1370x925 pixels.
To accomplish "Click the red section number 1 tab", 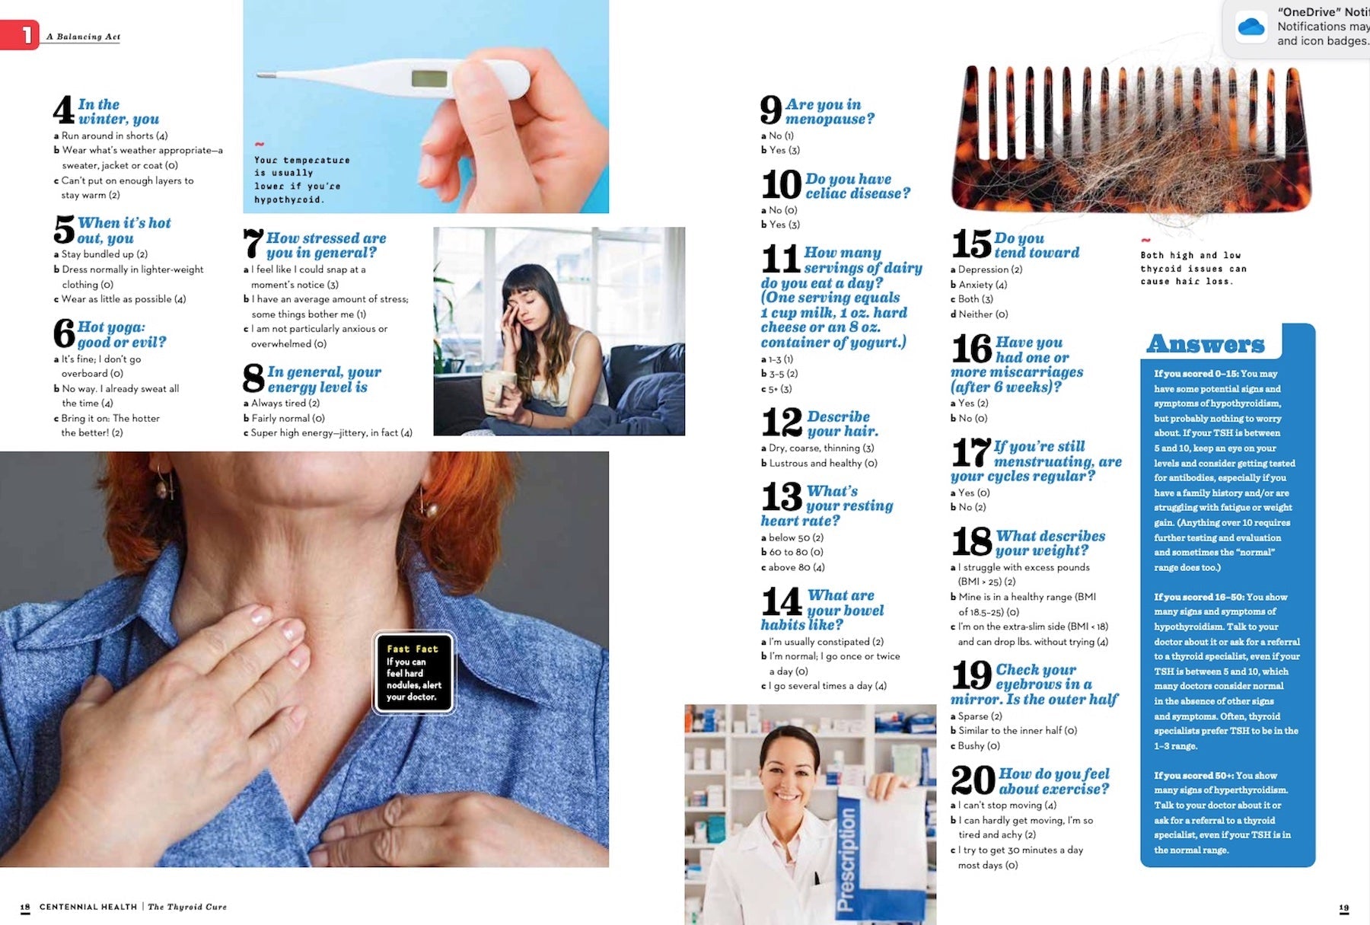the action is pyautogui.click(x=20, y=35).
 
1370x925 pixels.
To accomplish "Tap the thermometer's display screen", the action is pyautogui.click(x=429, y=78).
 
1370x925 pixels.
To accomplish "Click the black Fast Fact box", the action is pyautogui.click(x=413, y=673).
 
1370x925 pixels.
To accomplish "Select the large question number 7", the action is pyautogui.click(x=253, y=244).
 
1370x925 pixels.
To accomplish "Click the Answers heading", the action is pyautogui.click(x=1206, y=344).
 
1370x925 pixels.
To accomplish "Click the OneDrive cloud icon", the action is pyautogui.click(x=1251, y=27).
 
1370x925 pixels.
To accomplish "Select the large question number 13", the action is pyautogui.click(x=782, y=497).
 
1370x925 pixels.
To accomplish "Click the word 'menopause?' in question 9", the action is pyautogui.click(x=830, y=120).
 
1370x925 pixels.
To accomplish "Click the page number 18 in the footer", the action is pyautogui.click(x=25, y=907).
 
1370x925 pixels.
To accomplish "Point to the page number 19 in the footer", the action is pyautogui.click(x=1344, y=907).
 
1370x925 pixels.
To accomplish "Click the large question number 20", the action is pyautogui.click(x=973, y=780).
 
